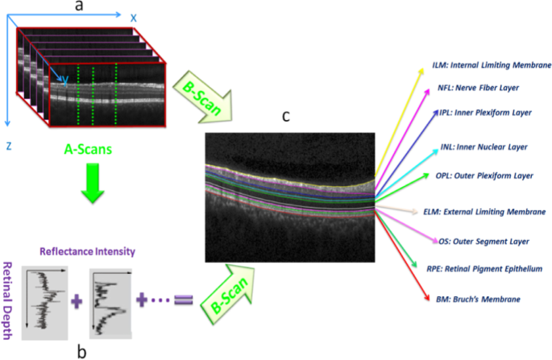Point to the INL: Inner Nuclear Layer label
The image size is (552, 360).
point(483,147)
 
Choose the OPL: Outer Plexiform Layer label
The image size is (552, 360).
point(484,175)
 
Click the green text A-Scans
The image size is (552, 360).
point(88,148)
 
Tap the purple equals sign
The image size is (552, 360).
point(185,300)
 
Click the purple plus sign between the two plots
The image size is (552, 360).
point(77,302)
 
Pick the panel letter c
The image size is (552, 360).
point(286,117)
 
